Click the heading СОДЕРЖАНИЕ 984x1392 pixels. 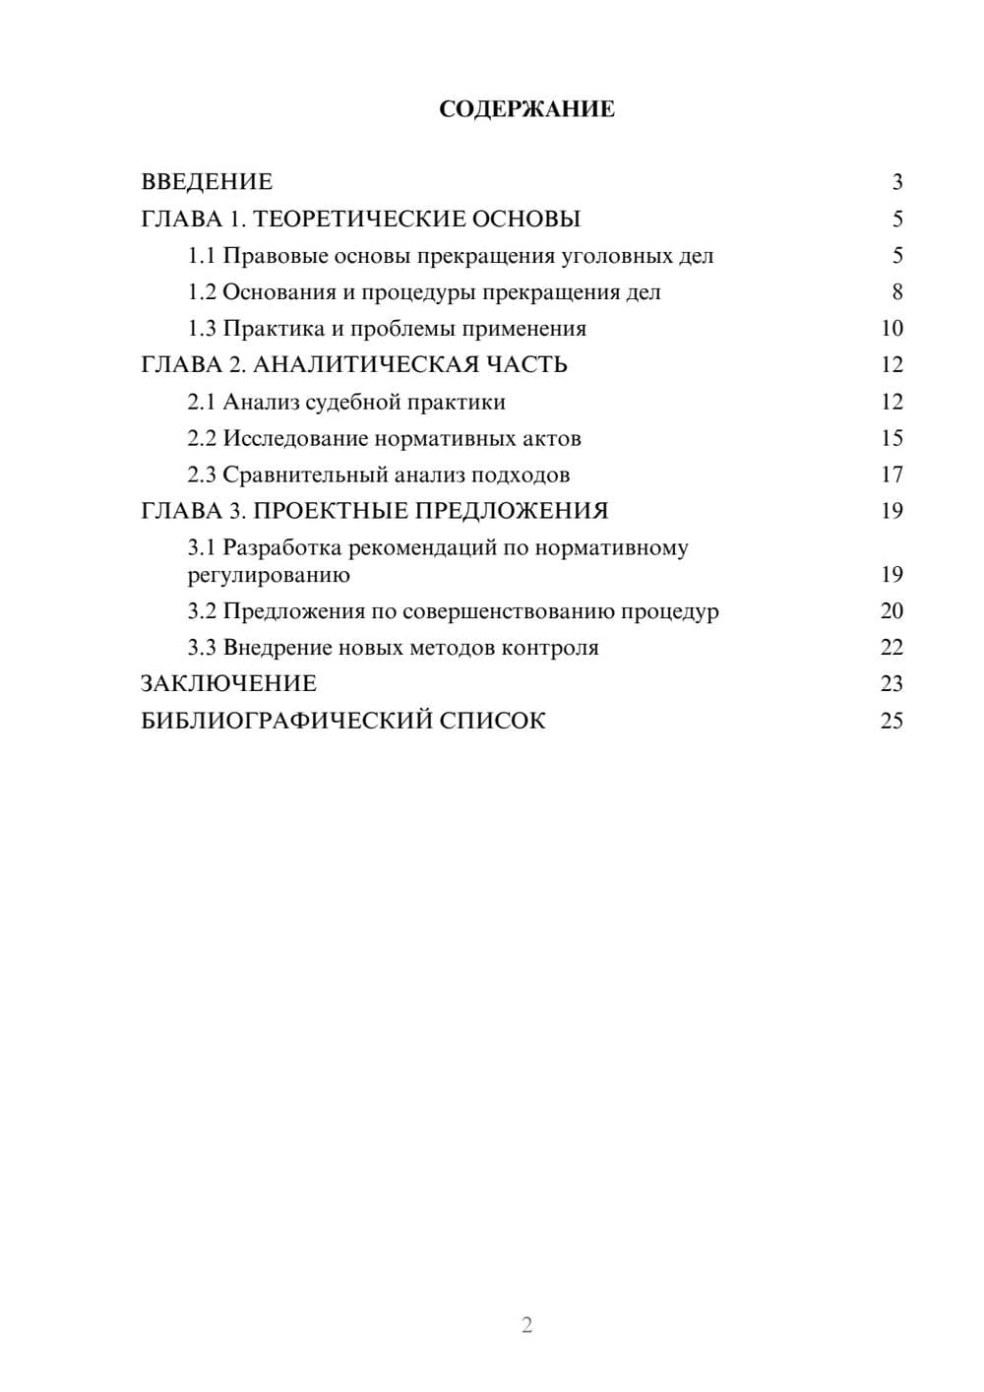(526, 109)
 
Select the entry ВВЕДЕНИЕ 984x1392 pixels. (207, 182)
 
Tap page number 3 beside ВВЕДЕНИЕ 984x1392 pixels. (896, 182)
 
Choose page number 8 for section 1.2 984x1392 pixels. (896, 292)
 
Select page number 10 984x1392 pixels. (892, 329)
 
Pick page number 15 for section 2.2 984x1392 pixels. (892, 438)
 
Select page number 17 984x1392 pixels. (892, 475)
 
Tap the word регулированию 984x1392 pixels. (269, 575)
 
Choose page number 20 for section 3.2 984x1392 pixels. (892, 611)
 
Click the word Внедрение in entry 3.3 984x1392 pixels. (277, 648)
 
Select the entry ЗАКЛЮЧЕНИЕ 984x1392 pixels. (228, 684)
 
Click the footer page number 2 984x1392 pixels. (526, 1325)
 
